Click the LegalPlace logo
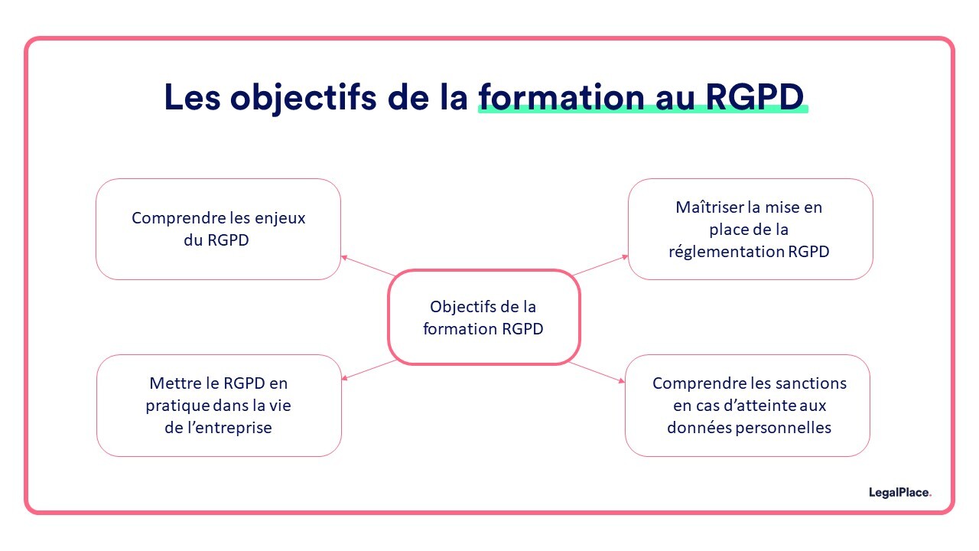pos(899,493)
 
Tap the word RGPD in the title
pos(754,97)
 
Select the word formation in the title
pos(561,97)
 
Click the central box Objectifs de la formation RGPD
pos(483,318)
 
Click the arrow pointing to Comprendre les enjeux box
pos(369,266)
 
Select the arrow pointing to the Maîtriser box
pos(600,266)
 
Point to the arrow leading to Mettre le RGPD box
pos(369,370)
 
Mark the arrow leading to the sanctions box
pos(597,372)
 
